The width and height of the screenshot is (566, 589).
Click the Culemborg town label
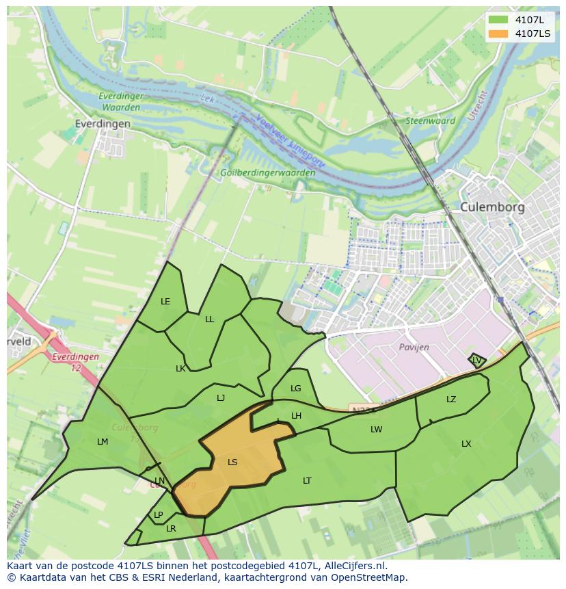click(x=492, y=207)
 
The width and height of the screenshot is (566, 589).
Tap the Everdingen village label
click(x=103, y=124)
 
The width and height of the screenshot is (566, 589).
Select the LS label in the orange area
click(x=232, y=462)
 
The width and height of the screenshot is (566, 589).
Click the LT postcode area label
click(x=307, y=481)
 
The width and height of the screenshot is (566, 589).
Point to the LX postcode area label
click(x=466, y=444)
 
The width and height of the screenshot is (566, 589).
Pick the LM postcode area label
click(x=103, y=442)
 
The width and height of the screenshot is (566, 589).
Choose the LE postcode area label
click(x=165, y=302)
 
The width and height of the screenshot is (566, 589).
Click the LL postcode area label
click(x=209, y=319)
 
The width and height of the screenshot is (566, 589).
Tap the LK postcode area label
click(x=180, y=369)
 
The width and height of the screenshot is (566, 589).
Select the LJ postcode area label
click(x=221, y=398)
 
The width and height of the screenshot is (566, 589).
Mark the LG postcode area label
click(x=295, y=389)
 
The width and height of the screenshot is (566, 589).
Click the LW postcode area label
click(x=376, y=430)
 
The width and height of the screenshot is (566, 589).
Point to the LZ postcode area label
click(x=451, y=400)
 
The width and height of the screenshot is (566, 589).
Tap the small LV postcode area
click(x=476, y=360)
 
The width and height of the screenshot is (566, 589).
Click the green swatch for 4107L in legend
click(x=499, y=20)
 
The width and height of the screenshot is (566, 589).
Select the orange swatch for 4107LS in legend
click(x=499, y=34)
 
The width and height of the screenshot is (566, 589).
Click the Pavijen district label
click(x=414, y=348)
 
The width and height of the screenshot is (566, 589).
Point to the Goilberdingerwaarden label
click(x=268, y=173)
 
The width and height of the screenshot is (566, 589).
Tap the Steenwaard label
click(x=431, y=121)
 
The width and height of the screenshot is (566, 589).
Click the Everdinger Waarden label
click(x=120, y=102)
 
